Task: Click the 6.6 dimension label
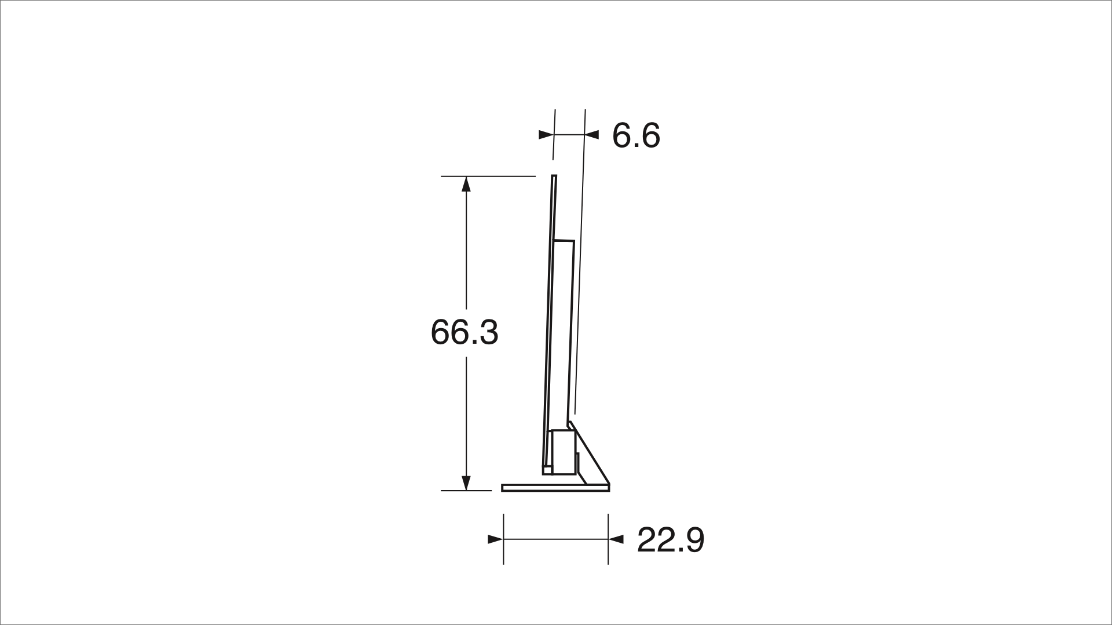point(636,136)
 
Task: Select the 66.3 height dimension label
point(464,333)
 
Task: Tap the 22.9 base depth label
point(671,540)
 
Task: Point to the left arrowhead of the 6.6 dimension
point(546,135)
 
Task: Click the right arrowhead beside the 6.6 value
point(591,135)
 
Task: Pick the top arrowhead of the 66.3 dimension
point(466,183)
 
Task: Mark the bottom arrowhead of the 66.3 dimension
point(466,483)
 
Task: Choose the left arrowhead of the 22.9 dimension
point(495,539)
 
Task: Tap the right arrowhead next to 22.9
point(616,539)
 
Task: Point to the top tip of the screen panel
point(554,177)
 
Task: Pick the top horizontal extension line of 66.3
point(488,176)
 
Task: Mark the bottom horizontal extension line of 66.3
point(466,491)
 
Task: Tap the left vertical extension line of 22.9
point(503,538)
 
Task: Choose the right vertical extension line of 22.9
point(608,538)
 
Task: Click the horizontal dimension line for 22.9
point(556,539)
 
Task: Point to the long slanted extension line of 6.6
point(580,260)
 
